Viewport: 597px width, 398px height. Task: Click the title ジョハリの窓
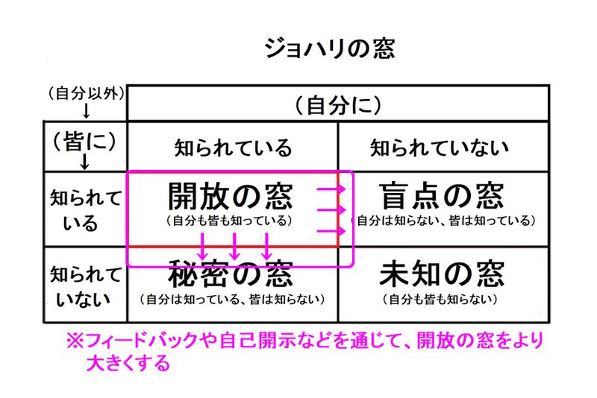click(x=329, y=49)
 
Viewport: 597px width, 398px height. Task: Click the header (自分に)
click(x=338, y=105)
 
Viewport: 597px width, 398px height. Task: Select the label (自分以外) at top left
click(x=85, y=94)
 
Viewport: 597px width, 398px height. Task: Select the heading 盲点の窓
click(x=442, y=196)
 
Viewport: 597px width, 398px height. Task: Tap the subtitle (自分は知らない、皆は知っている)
click(x=442, y=221)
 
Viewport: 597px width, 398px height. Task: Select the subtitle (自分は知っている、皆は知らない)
click(x=232, y=300)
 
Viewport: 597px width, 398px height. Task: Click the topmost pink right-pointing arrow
click(x=331, y=191)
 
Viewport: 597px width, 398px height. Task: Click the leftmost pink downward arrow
click(x=202, y=245)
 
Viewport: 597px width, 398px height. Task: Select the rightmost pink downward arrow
click(x=266, y=245)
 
